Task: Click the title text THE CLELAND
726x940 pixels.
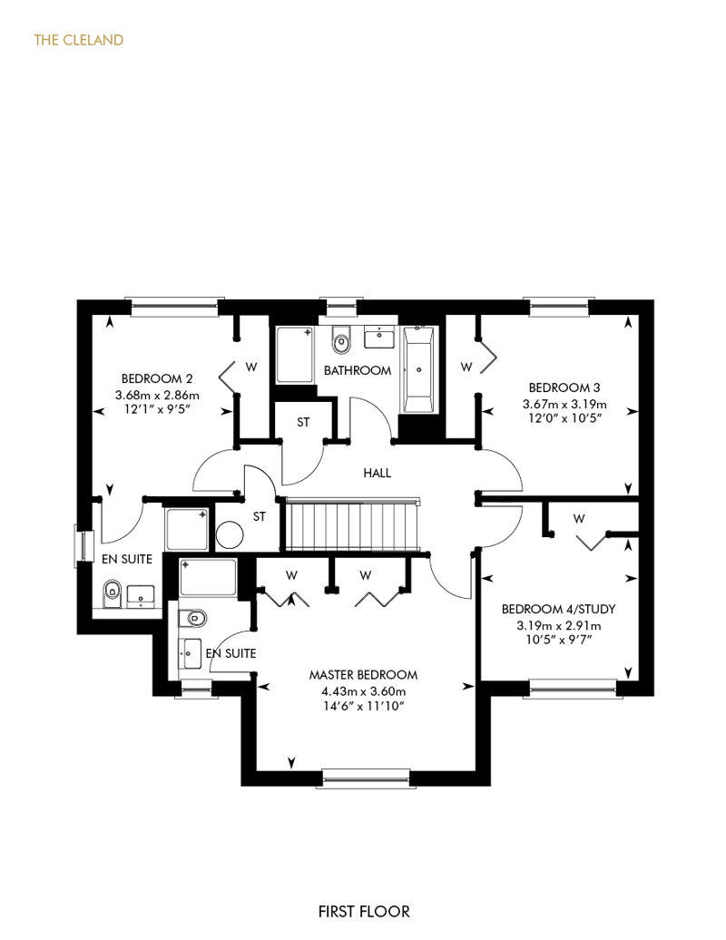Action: [x=79, y=40]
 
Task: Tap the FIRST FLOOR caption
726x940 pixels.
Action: [x=364, y=912]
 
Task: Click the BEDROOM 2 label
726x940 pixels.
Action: [x=157, y=379]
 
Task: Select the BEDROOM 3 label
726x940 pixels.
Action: [x=564, y=387]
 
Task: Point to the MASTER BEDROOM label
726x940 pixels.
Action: [x=363, y=675]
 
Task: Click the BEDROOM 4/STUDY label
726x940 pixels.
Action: [x=559, y=609]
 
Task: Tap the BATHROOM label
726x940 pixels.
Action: [x=358, y=370]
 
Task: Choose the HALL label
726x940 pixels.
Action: [x=378, y=473]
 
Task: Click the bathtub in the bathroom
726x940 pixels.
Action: [x=417, y=369]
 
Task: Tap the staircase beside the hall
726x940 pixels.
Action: [x=352, y=524]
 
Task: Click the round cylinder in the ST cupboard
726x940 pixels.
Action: [x=230, y=534]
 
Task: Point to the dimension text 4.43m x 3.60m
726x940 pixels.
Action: [x=363, y=691]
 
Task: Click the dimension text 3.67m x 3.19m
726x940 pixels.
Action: [x=564, y=404]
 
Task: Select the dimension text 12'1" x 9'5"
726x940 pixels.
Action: [x=157, y=411]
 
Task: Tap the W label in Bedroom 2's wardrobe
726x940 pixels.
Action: [x=251, y=367]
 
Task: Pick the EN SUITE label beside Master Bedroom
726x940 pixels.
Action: [x=231, y=653]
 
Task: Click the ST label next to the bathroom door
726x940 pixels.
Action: [x=303, y=423]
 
